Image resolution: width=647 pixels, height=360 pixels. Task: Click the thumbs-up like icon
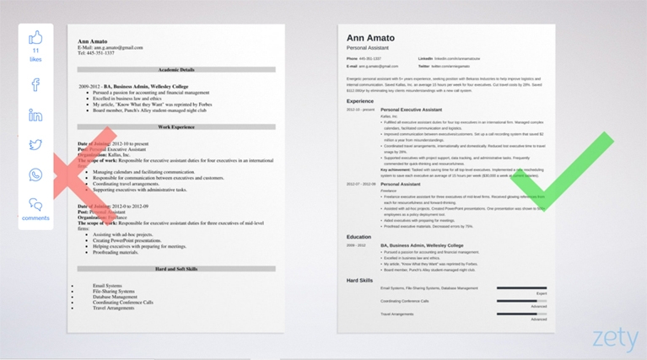tap(35, 38)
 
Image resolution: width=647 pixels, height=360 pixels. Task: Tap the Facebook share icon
tap(35, 84)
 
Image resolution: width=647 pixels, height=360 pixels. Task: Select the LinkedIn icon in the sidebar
tap(35, 115)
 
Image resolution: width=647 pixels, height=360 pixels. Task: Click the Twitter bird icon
tap(35, 145)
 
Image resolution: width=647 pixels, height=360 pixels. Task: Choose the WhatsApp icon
tap(35, 175)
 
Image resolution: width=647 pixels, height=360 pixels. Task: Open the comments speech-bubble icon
tap(35, 204)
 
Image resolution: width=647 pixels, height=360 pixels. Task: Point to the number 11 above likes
tap(35, 51)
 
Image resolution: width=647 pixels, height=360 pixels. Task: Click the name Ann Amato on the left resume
tap(92, 40)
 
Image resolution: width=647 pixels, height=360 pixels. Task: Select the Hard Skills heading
tap(361, 279)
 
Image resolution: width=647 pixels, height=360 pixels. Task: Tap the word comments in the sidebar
tap(35, 218)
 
